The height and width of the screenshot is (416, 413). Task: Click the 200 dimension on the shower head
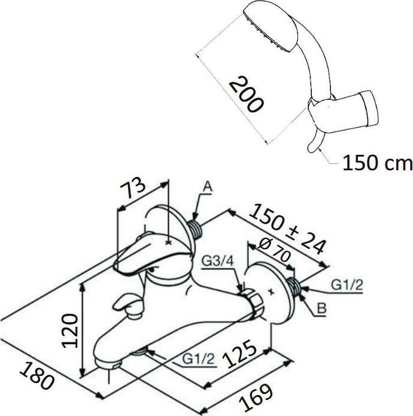pyautogui.click(x=247, y=94)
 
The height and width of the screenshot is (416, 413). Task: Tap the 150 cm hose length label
pyautogui.click(x=377, y=163)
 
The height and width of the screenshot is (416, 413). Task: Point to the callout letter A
pyautogui.click(x=207, y=187)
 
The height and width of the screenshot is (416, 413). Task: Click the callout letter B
pyautogui.click(x=321, y=308)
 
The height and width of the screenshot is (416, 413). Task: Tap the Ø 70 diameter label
pyautogui.click(x=275, y=250)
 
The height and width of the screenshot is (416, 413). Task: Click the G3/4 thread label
pyautogui.click(x=217, y=261)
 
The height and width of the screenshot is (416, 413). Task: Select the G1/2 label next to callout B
pyautogui.click(x=347, y=285)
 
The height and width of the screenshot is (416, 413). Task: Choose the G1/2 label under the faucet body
pyautogui.click(x=198, y=359)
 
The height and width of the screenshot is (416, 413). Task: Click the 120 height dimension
pyautogui.click(x=70, y=331)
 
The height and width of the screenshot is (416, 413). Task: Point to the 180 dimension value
pyautogui.click(x=37, y=375)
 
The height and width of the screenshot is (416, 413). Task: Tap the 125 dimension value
pyautogui.click(x=240, y=354)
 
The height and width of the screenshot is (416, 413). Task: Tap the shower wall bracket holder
pyautogui.click(x=343, y=111)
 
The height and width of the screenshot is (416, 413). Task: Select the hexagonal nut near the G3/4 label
pyautogui.click(x=252, y=302)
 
